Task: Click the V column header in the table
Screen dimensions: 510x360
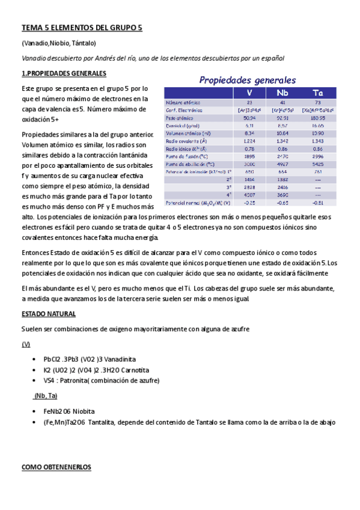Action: tap(249, 93)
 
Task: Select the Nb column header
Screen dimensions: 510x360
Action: tap(282, 93)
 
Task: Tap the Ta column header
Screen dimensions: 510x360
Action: tap(318, 93)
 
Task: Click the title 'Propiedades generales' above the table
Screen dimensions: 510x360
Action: tap(248, 79)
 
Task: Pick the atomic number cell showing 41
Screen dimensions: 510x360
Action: tap(282, 102)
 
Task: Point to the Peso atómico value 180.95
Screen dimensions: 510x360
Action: tap(318, 117)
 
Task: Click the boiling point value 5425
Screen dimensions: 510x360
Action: tap(318, 164)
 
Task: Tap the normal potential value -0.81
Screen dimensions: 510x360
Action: tap(318, 203)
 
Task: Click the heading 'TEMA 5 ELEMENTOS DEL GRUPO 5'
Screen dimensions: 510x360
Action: tap(82, 28)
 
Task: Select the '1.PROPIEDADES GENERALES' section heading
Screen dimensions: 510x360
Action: tap(64, 73)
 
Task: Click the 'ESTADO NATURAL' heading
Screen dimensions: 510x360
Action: tap(49, 314)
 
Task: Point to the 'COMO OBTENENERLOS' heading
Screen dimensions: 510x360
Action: tap(56, 467)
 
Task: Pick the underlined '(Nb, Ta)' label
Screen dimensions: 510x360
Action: tap(45, 395)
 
